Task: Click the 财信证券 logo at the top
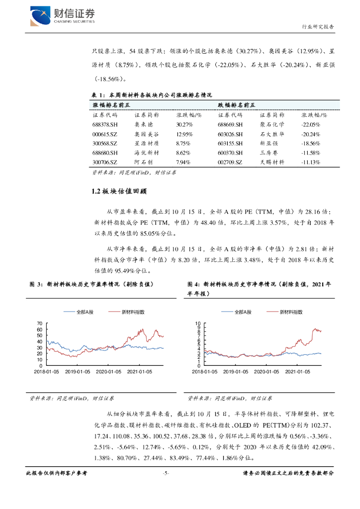pyautogui.click(x=62, y=15)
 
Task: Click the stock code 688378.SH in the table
pyautogui.click(x=105, y=124)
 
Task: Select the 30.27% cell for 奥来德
pyautogui.click(x=184, y=124)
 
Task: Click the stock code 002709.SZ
pyautogui.click(x=230, y=162)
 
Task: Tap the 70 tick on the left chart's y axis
pyautogui.click(x=40, y=324)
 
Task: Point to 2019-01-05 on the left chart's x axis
pyautogui.click(x=78, y=371)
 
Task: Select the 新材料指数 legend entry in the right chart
pyautogui.click(x=291, y=312)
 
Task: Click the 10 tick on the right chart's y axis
pyautogui.click(x=198, y=324)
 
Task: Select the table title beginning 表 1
pyautogui.click(x=153, y=95)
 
